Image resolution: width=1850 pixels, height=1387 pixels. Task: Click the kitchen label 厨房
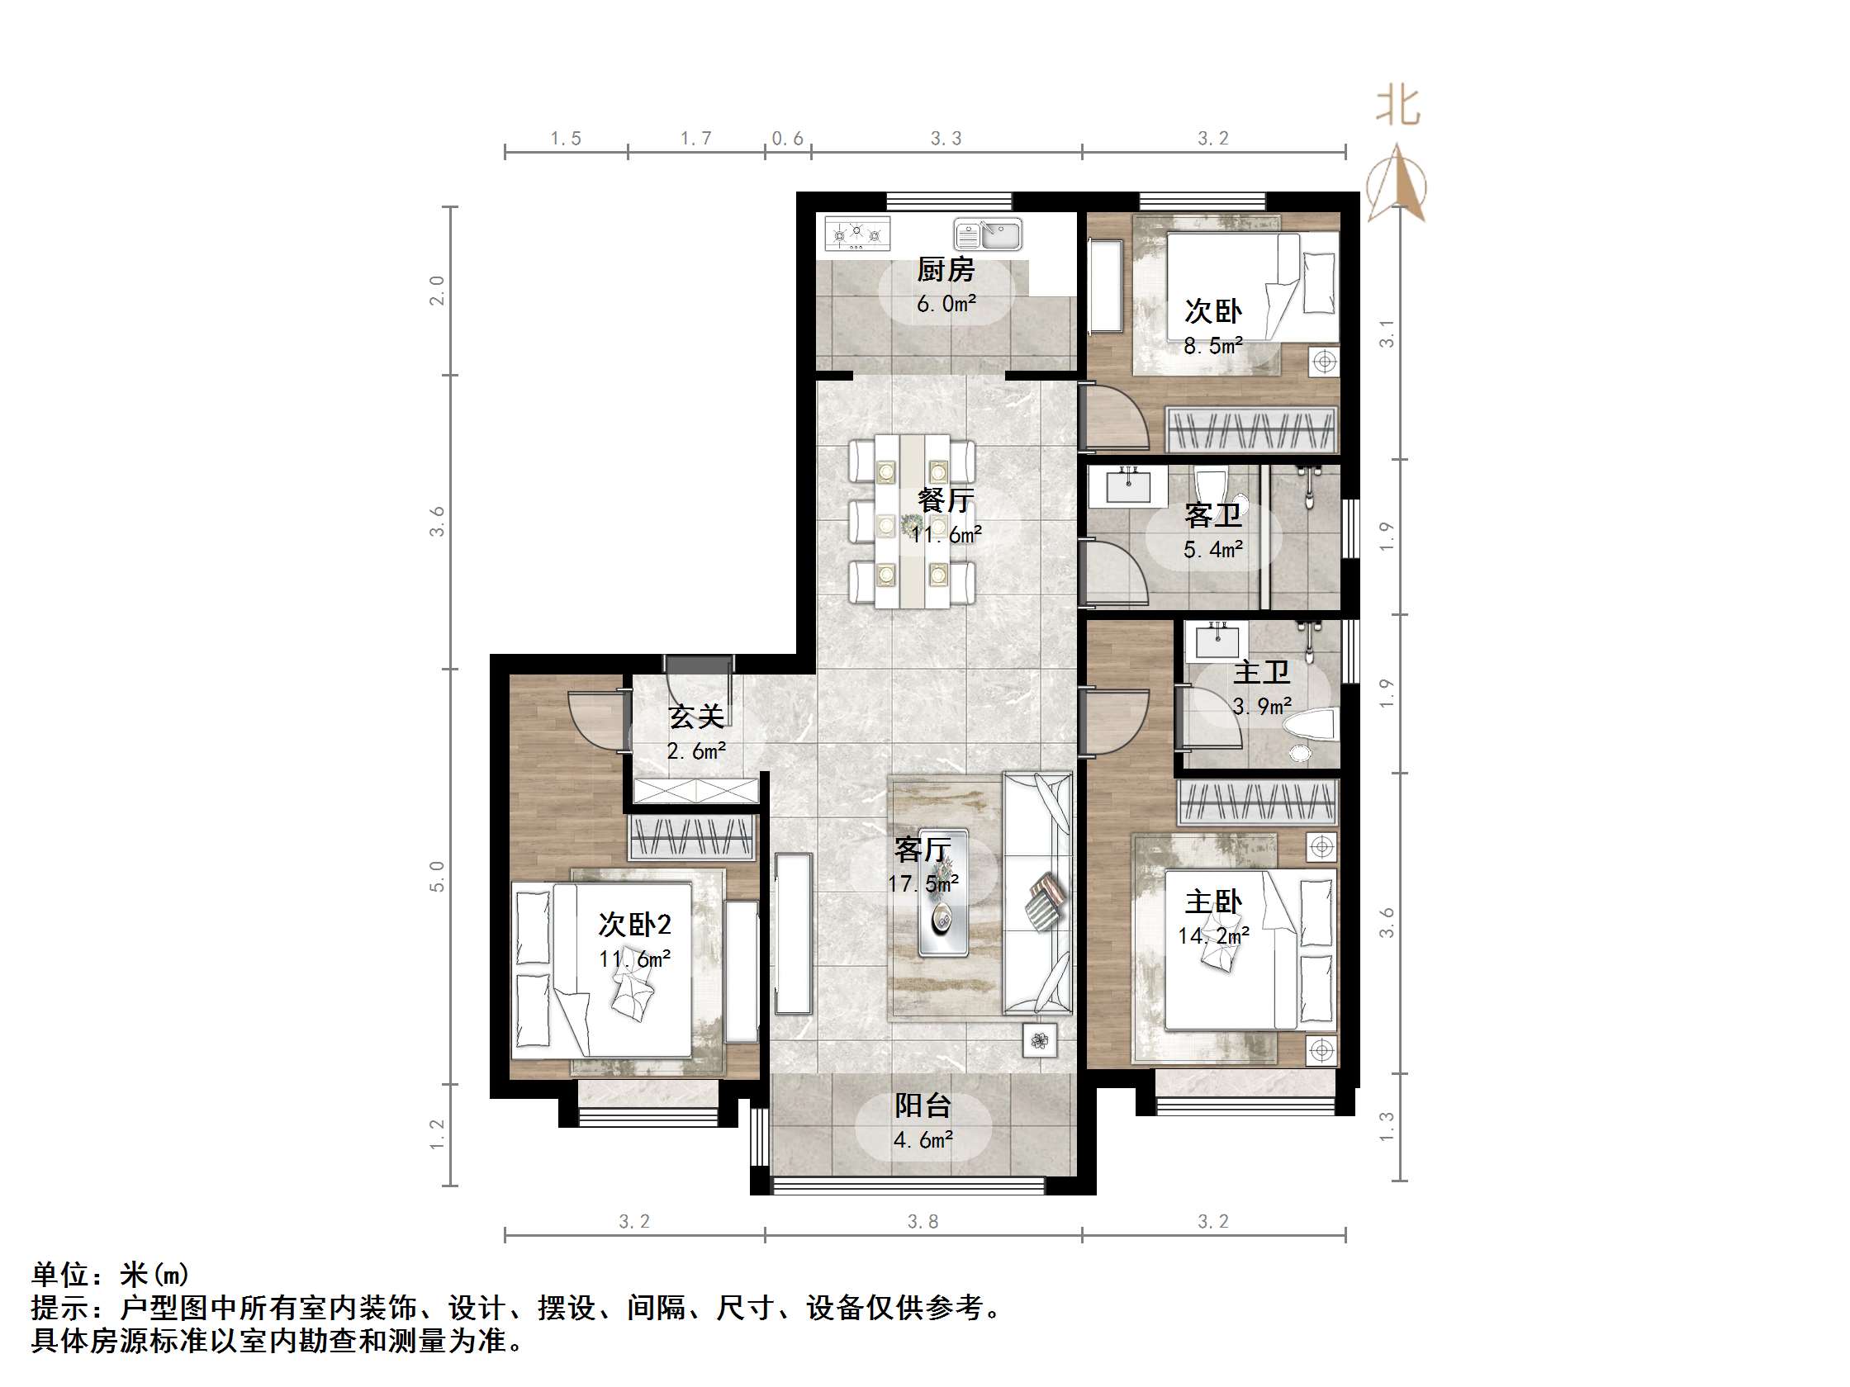click(x=945, y=269)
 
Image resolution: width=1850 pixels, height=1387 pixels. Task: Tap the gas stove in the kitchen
click(x=857, y=234)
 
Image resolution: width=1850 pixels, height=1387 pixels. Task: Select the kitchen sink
click(x=988, y=235)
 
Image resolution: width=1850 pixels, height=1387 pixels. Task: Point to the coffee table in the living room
click(x=944, y=892)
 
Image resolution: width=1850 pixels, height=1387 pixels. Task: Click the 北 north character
click(x=1397, y=107)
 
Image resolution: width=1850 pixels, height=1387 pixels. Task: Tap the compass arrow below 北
click(x=1396, y=184)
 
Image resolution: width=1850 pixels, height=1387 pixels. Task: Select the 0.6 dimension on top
click(x=787, y=138)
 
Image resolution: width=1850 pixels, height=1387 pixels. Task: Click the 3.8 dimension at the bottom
click(x=923, y=1221)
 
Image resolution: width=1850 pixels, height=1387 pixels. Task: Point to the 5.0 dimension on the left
click(x=438, y=876)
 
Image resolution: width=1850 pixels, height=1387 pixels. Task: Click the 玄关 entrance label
click(x=696, y=717)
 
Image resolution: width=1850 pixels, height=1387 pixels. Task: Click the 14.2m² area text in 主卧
click(x=1213, y=935)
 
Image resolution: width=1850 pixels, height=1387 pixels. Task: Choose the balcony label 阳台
click(x=923, y=1105)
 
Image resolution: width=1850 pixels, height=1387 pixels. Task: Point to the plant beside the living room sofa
click(x=1040, y=1041)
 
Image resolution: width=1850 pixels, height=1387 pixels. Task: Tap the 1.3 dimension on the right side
click(x=1386, y=1127)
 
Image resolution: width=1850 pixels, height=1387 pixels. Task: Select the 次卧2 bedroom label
click(x=635, y=925)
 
